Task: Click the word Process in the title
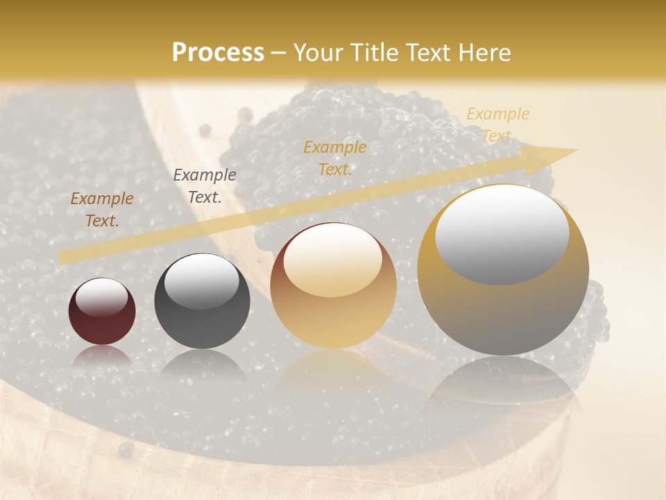(218, 53)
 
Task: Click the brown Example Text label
(102, 209)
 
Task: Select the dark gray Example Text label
(204, 185)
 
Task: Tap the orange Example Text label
(335, 158)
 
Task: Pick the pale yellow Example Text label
(497, 125)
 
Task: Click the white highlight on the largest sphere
(502, 233)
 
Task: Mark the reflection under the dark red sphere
(102, 356)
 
